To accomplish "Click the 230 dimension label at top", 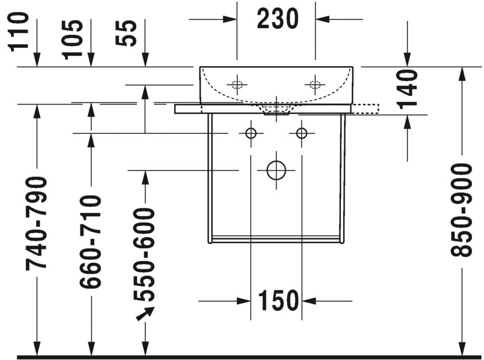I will pos(277,19).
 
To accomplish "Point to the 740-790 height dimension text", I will pos(37,223).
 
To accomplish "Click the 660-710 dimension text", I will pos(90,242).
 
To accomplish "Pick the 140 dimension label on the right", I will pos(407,89).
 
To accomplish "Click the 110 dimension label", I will pos(20,32).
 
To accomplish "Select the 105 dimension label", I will pos(73,39).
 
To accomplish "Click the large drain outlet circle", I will pos(276,170).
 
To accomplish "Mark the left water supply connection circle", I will pos(251,133).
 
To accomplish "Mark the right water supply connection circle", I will pos(301,133).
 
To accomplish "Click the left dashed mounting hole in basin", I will pos(236,85).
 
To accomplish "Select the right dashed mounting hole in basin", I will pos(315,85).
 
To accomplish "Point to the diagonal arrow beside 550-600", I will pos(145,313).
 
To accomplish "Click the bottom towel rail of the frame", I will pos(276,238).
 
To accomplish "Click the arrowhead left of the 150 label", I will pos(244,300).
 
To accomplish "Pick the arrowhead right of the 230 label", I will pos(322,19).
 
